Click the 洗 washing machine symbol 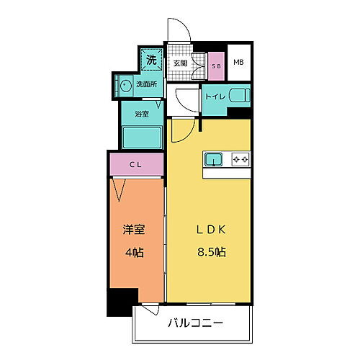click(x=151, y=60)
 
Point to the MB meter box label click(x=238, y=62)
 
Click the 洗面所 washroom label click(x=147, y=84)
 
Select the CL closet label click(x=136, y=164)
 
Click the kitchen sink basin click(x=214, y=158)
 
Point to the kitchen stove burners click(x=240, y=158)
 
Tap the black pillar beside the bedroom click(x=122, y=301)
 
